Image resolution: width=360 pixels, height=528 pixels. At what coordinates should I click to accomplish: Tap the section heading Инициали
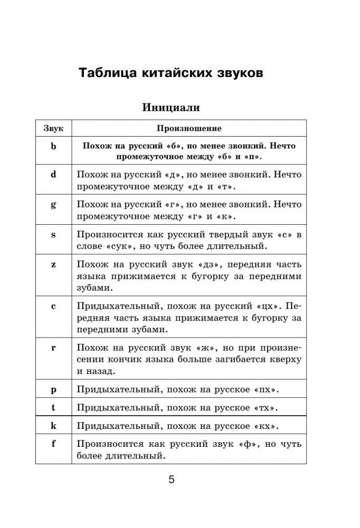pyautogui.click(x=171, y=108)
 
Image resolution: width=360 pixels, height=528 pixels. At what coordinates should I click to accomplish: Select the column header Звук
pyautogui.click(x=53, y=128)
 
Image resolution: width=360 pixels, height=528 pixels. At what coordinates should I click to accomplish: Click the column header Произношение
pyautogui.click(x=189, y=128)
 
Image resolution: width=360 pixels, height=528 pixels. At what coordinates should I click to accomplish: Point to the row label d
pyautogui.click(x=53, y=175)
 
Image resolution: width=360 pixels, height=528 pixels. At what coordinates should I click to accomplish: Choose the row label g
pyautogui.click(x=53, y=205)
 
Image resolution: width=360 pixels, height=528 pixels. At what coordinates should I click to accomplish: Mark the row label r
pyautogui.click(x=53, y=348)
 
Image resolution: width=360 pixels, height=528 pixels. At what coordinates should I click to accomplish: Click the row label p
pyautogui.click(x=53, y=389)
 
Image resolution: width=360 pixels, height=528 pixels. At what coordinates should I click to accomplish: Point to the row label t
pyautogui.click(x=53, y=407)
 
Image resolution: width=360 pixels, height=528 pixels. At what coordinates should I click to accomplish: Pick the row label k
pyautogui.click(x=53, y=425)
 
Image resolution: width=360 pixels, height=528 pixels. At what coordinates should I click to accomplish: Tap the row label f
pyautogui.click(x=53, y=443)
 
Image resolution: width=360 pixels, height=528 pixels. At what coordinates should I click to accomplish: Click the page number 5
pyautogui.click(x=171, y=479)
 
